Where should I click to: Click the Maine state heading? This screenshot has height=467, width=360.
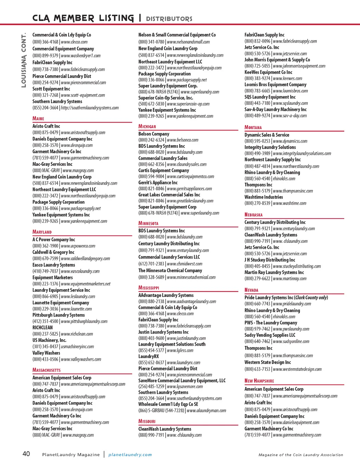(38, 119)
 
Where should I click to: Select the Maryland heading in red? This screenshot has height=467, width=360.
(42, 232)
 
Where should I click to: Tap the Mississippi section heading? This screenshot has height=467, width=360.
(149, 288)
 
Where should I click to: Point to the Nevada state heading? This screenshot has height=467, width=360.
(251, 290)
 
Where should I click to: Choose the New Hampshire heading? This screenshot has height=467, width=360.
(259, 381)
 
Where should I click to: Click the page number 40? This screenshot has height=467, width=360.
(26, 454)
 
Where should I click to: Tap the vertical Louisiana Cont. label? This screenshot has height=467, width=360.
(24, 60)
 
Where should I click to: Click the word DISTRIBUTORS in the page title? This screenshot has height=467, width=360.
(169, 19)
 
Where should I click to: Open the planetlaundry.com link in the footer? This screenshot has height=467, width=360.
(130, 455)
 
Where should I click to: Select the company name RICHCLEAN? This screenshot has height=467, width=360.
(43, 327)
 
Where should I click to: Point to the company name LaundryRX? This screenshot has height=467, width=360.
(149, 356)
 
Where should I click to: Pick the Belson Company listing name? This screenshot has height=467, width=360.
(154, 134)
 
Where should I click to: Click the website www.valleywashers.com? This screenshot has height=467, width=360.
(81, 359)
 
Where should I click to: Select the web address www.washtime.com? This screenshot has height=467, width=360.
(289, 203)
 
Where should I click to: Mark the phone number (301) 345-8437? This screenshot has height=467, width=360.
(45, 346)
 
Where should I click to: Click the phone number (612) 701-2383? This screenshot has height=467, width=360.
(151, 264)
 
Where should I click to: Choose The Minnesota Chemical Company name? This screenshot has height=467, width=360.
(170, 271)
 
